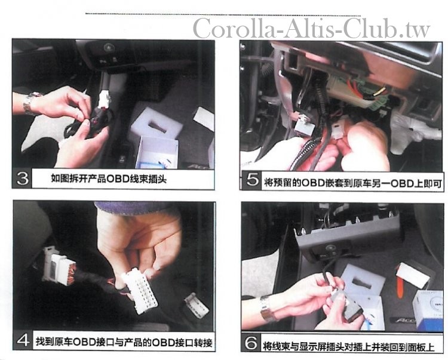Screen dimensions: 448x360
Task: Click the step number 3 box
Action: click(x=22, y=178)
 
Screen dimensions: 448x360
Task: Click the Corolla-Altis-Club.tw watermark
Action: click(x=311, y=28)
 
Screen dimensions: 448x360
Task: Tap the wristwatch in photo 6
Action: click(x=268, y=308)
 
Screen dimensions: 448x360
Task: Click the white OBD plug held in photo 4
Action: click(x=139, y=290)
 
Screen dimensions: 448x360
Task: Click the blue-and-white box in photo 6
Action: click(x=428, y=310)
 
